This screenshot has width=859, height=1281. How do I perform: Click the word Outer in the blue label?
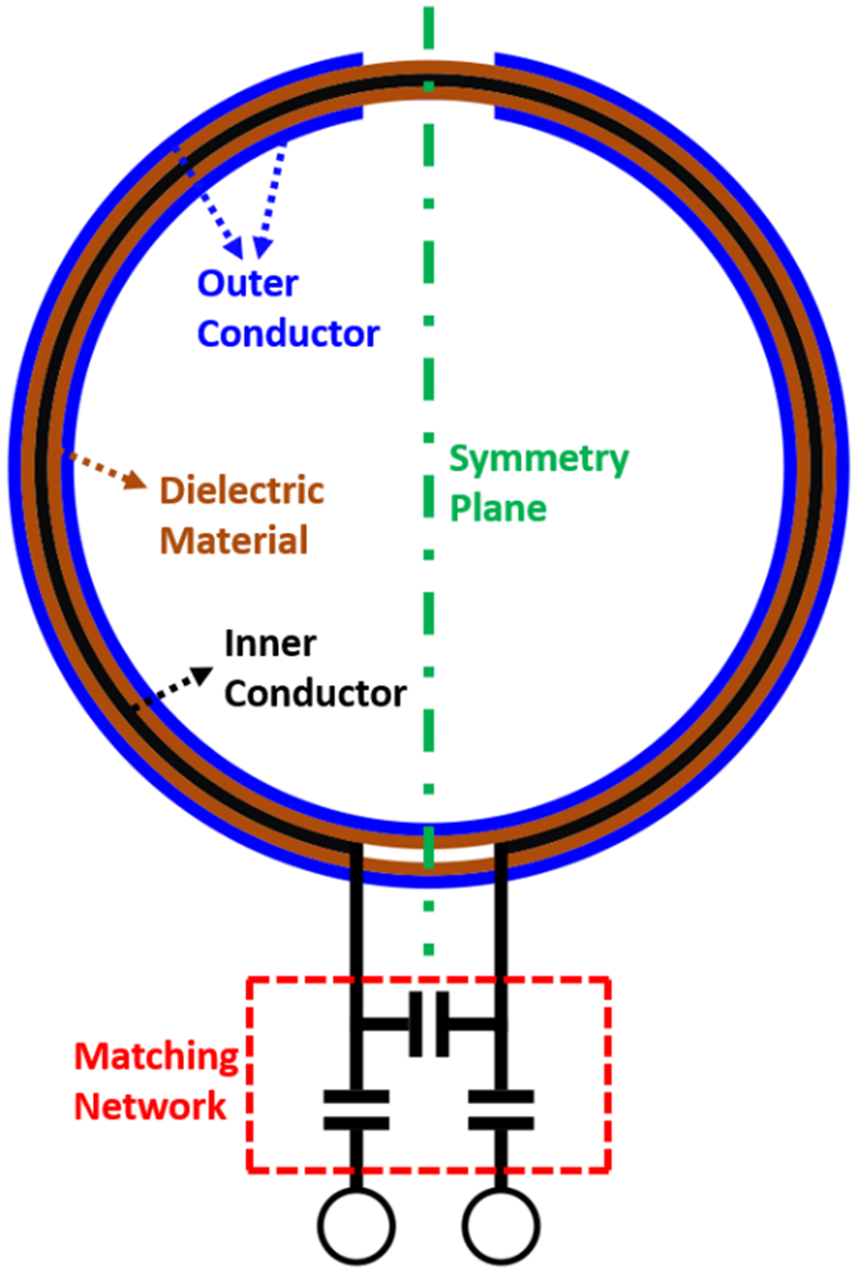click(x=247, y=284)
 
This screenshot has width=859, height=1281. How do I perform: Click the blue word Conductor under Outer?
click(x=288, y=333)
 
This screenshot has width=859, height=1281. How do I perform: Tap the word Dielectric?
click(x=241, y=491)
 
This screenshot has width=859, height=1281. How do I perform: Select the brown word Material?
click(x=235, y=540)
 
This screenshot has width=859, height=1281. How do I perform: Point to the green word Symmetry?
click(x=539, y=460)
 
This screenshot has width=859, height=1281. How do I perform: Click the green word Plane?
click(x=498, y=507)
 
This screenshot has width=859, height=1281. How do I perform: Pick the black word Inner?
click(x=270, y=644)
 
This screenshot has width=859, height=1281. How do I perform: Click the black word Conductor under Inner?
click(x=315, y=692)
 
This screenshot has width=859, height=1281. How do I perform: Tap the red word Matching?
click(x=158, y=1056)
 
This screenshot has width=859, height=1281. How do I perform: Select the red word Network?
click(x=151, y=1106)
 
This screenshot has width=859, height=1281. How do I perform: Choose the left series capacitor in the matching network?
click(x=355, y=1110)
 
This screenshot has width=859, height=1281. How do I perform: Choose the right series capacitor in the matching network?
click(x=501, y=1110)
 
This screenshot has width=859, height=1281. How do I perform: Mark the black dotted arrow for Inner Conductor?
click(x=174, y=688)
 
